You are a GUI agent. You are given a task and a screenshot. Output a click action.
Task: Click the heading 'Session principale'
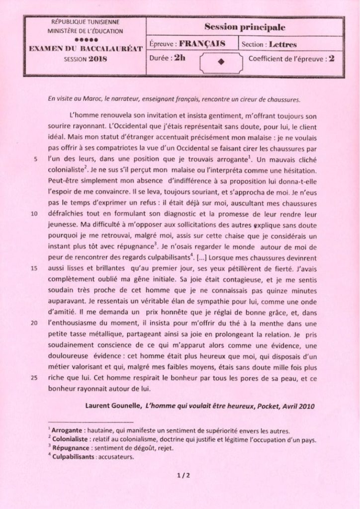click(245, 28)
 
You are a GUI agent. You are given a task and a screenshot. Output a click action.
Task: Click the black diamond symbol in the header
click(222, 62)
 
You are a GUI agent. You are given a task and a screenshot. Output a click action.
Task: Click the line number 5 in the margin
click(35, 160)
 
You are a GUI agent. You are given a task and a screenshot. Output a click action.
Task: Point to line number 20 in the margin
click(34, 323)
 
